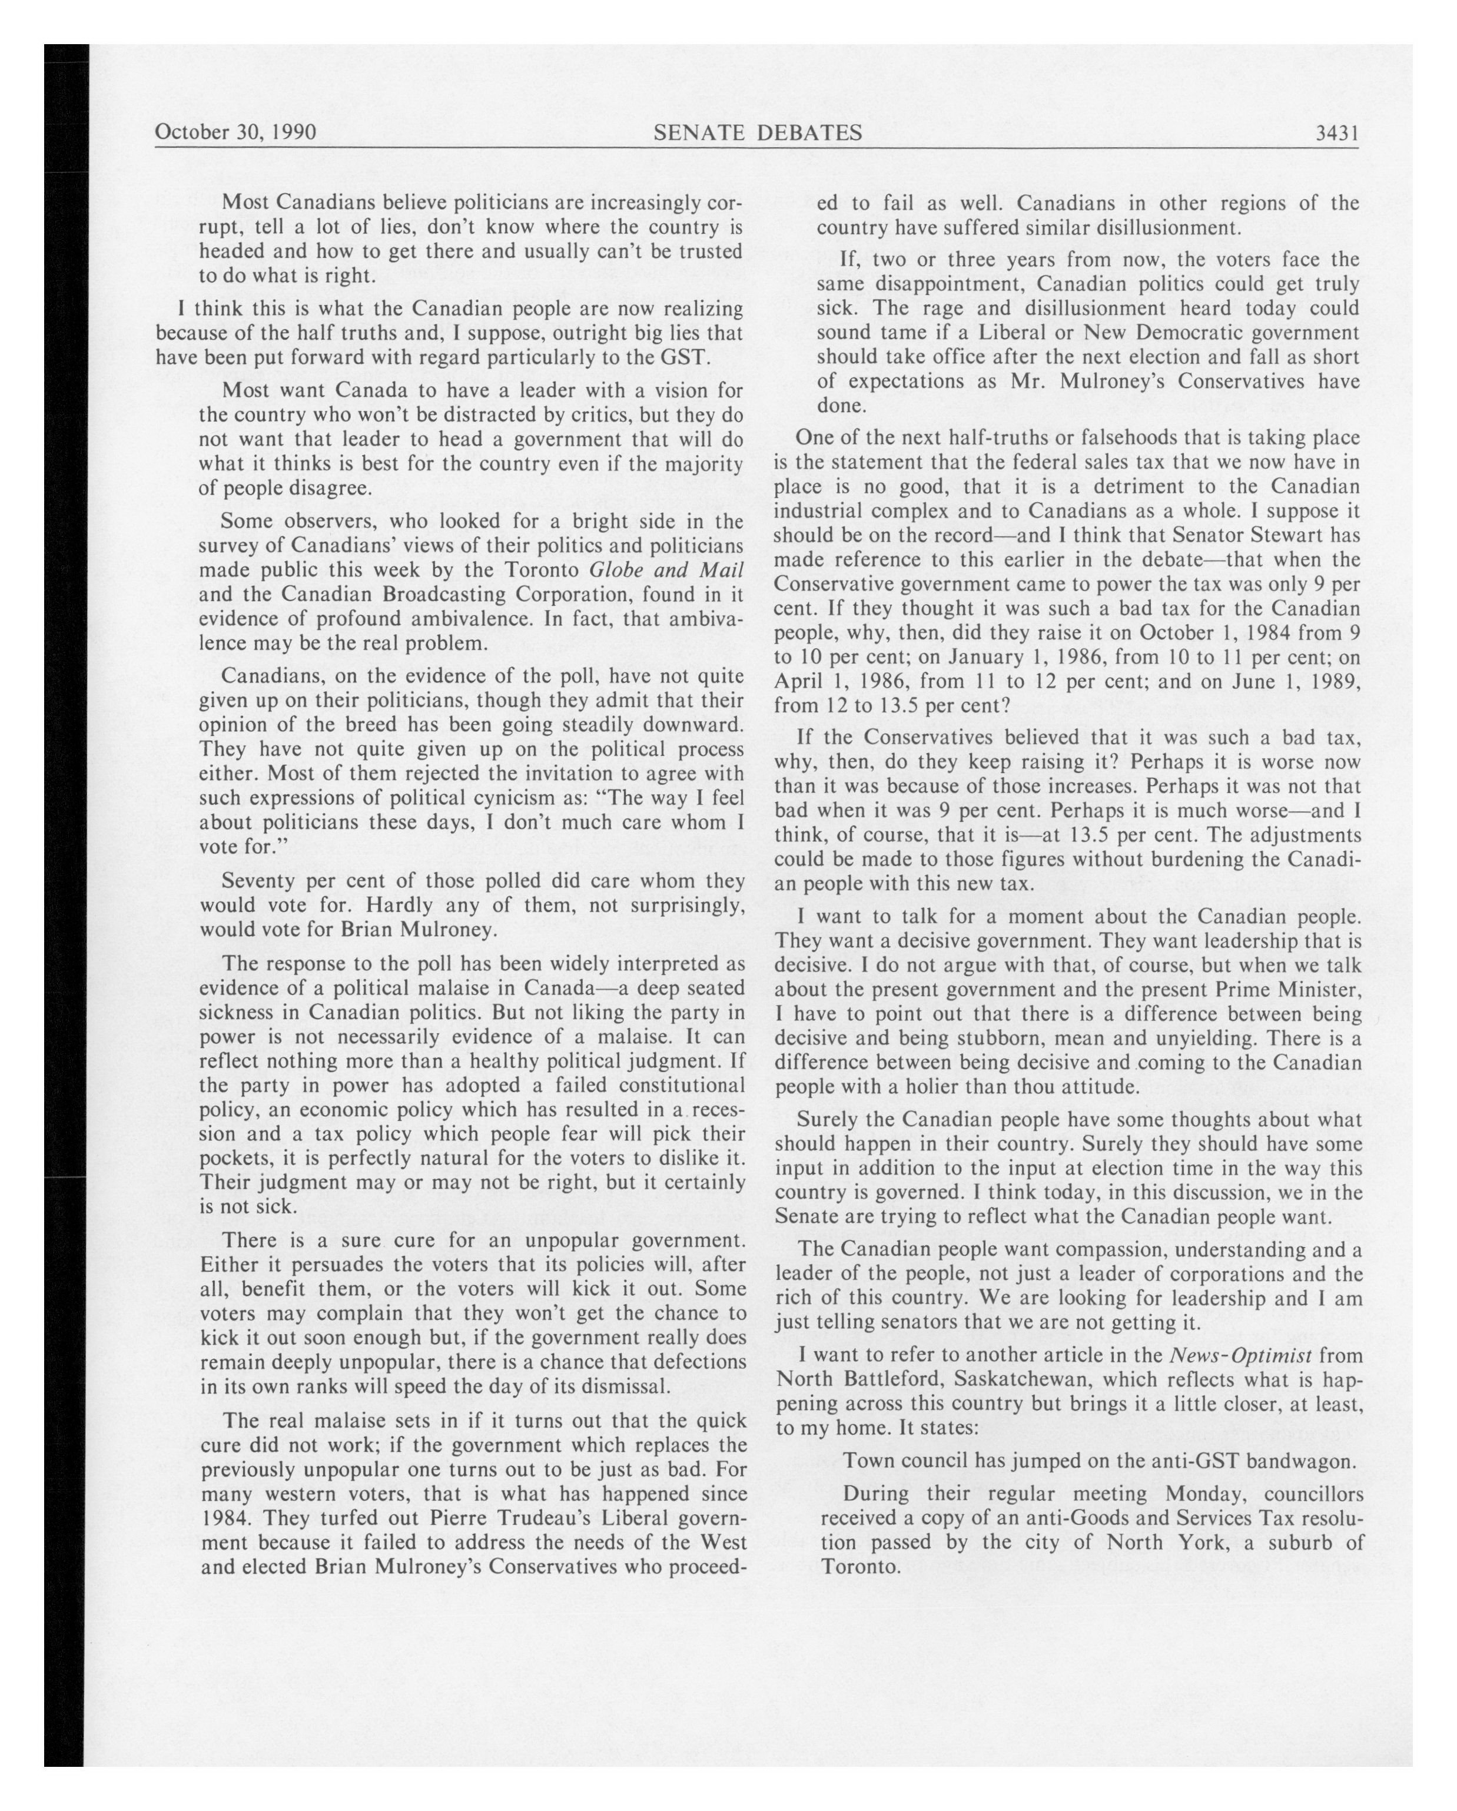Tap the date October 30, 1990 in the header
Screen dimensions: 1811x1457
coord(236,132)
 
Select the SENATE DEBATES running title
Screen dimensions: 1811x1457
coord(758,132)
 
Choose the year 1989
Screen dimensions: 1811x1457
coord(1333,682)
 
